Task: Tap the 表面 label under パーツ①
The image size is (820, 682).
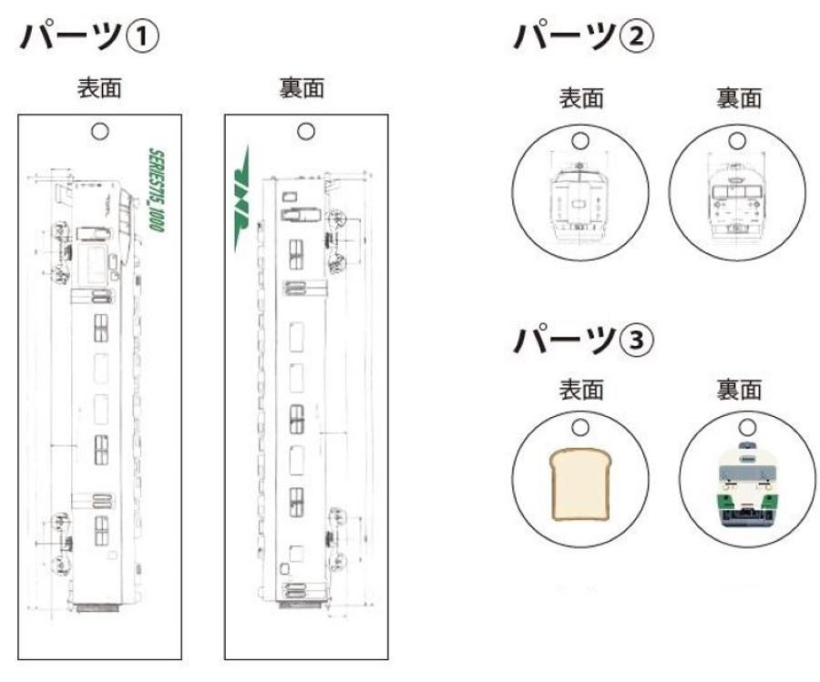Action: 100,88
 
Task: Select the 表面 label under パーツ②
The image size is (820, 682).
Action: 580,97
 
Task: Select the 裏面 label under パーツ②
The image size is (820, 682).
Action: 739,97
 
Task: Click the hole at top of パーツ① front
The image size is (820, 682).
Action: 100,131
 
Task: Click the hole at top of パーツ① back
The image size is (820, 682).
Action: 306,131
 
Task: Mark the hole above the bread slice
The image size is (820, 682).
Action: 579,426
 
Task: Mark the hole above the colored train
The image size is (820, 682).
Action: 748,426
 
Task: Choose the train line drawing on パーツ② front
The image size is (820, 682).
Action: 579,198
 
